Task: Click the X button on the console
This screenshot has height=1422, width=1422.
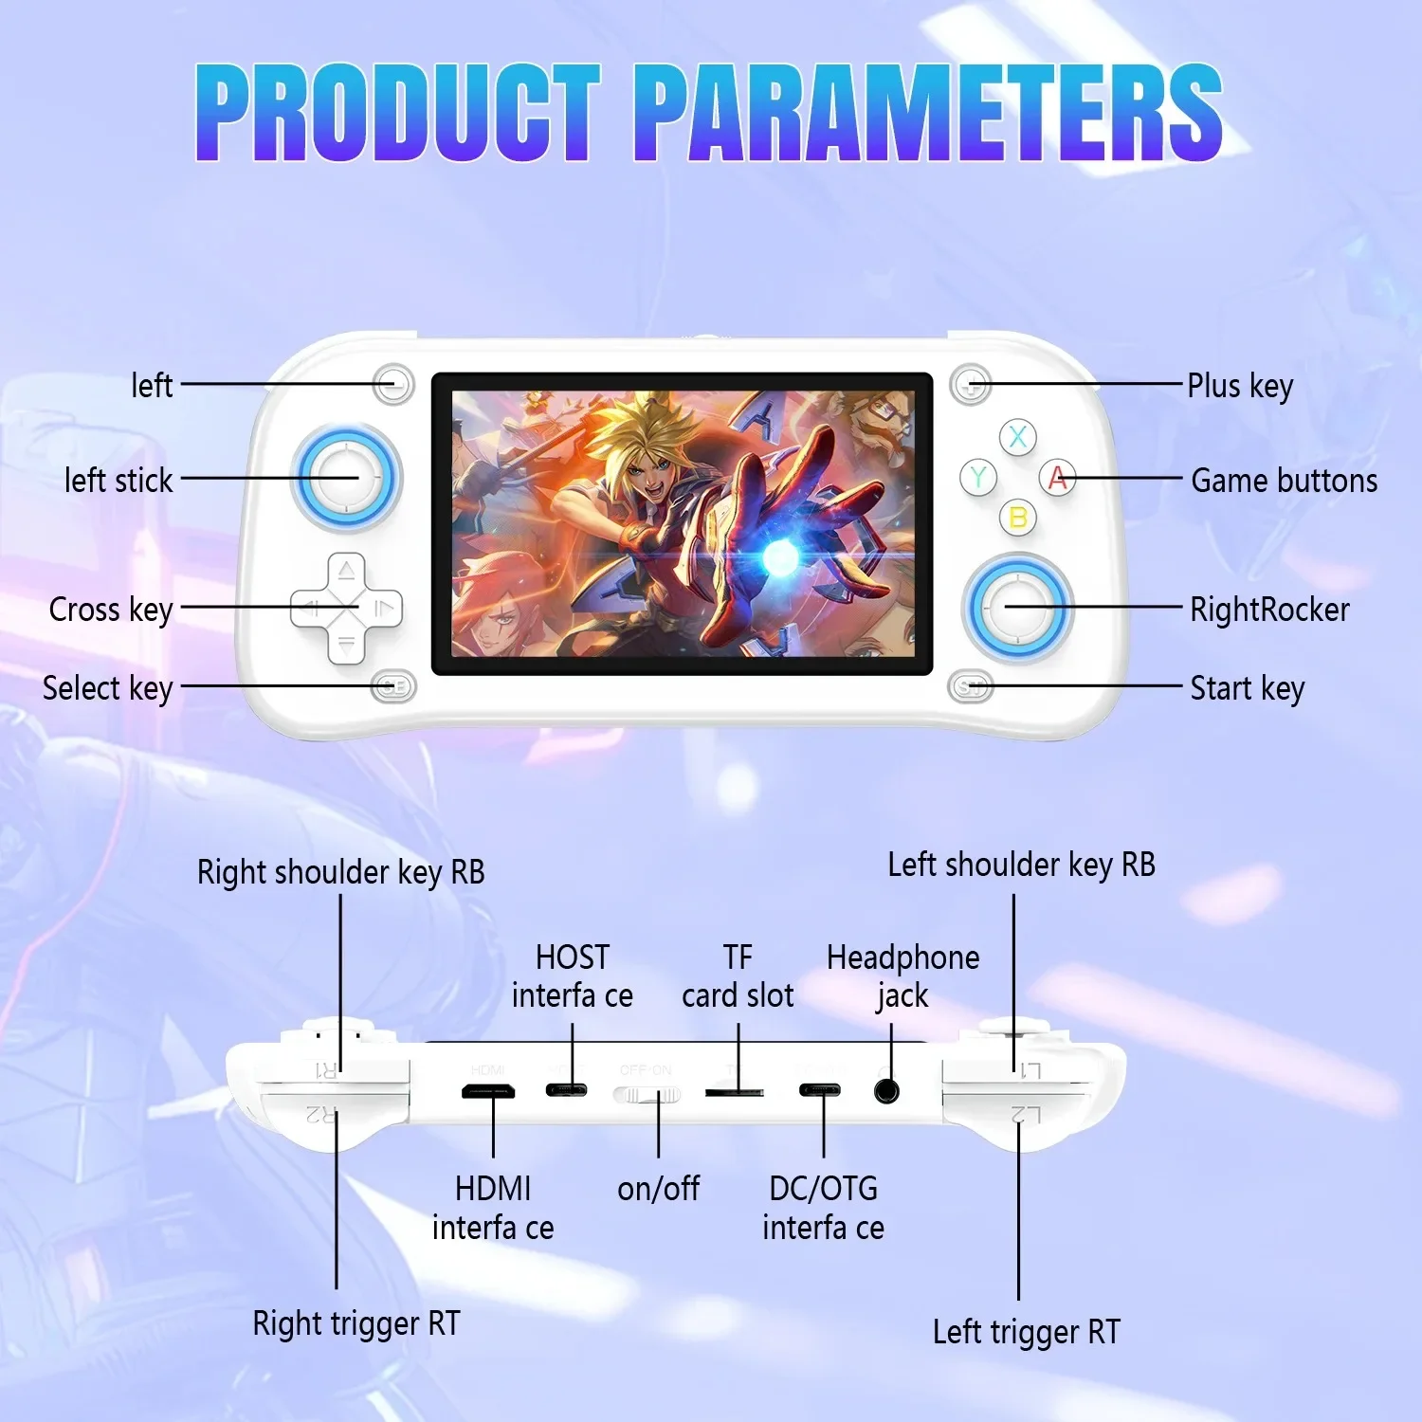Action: [x=1017, y=437]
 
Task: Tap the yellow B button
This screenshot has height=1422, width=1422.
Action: [x=1018, y=518]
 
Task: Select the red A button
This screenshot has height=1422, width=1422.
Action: [x=1058, y=478]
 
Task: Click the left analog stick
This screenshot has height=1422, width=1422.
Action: [x=346, y=477]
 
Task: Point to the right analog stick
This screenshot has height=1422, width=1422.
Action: [x=1017, y=608]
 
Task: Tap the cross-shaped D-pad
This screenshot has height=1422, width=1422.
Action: [x=346, y=608]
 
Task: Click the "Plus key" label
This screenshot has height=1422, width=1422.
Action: [x=1240, y=387]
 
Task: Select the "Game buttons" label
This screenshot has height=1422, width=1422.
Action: [x=1285, y=481]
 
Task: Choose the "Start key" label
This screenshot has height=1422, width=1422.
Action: [x=1248, y=689]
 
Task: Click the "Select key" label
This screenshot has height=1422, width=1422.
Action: [x=108, y=689]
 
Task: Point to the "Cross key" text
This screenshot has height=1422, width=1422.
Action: [x=111, y=610]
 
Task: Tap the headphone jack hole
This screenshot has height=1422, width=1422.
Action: [x=886, y=1090]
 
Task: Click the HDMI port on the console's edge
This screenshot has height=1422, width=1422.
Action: [x=488, y=1091]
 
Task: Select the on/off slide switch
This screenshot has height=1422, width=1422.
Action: [x=647, y=1095]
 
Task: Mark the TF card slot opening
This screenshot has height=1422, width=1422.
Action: [x=735, y=1092]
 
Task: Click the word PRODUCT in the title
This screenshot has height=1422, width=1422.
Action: [x=398, y=112]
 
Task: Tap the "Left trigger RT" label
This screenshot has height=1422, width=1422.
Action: [x=1027, y=1332]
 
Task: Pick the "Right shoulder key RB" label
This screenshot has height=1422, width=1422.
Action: [x=341, y=872]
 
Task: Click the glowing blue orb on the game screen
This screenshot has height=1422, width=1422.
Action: [x=781, y=558]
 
